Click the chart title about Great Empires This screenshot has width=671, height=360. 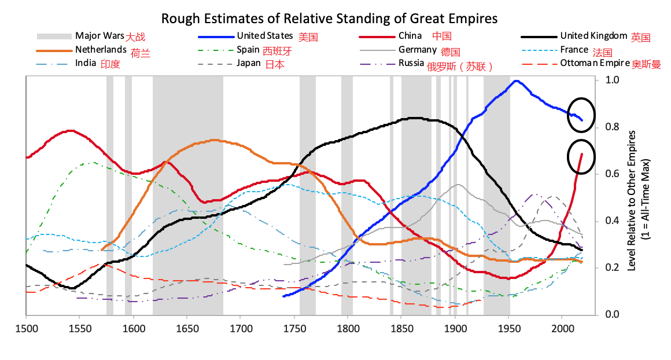point(329,18)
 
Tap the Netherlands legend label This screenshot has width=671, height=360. point(101,50)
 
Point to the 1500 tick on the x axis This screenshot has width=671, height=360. point(26,328)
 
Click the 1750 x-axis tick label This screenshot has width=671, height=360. point(294,328)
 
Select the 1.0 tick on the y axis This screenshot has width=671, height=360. point(612,80)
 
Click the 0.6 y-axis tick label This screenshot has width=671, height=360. point(612,174)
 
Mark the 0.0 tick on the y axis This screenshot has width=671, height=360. point(612,315)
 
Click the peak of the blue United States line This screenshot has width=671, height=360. point(516,81)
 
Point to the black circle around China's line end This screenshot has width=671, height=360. point(581,157)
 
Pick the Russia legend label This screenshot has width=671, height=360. point(411,64)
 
